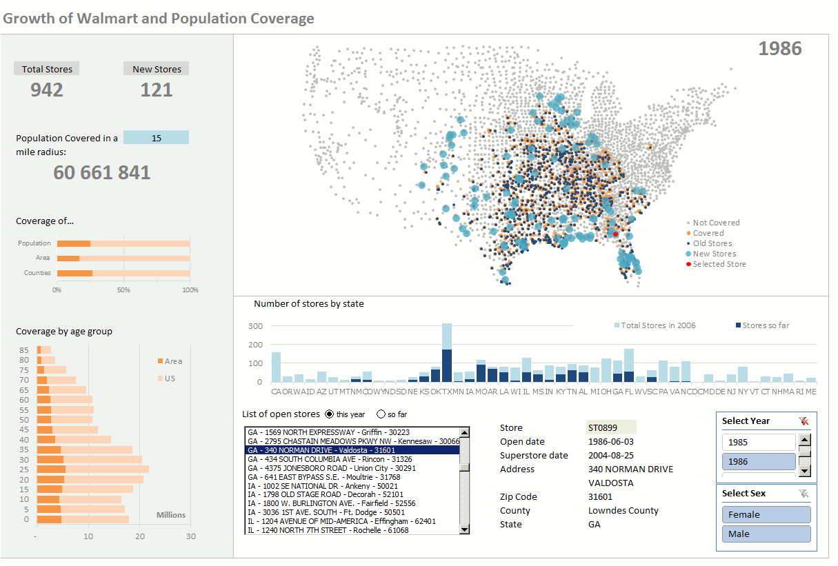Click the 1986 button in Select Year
click(x=759, y=461)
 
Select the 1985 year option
click(x=759, y=442)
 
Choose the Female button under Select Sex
click(x=766, y=514)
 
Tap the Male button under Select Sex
click(x=766, y=534)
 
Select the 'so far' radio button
click(x=381, y=414)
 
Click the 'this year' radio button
click(x=329, y=414)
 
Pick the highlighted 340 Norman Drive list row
click(x=352, y=450)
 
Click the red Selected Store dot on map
click(x=615, y=234)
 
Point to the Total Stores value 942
click(x=47, y=90)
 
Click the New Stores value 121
click(x=157, y=90)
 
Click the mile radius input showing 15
click(x=157, y=138)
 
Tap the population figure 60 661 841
click(x=102, y=172)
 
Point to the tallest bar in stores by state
click(x=447, y=352)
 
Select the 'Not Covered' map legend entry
click(x=715, y=223)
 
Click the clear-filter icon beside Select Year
click(x=804, y=421)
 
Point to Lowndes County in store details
click(x=623, y=511)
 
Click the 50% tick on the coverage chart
click(x=123, y=290)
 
